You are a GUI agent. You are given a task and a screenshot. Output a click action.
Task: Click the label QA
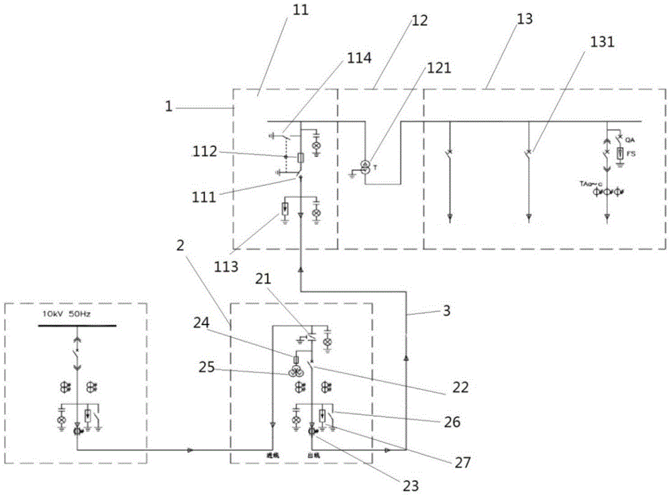tap(629, 140)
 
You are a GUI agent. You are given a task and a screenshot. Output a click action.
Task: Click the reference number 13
tap(525, 19)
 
